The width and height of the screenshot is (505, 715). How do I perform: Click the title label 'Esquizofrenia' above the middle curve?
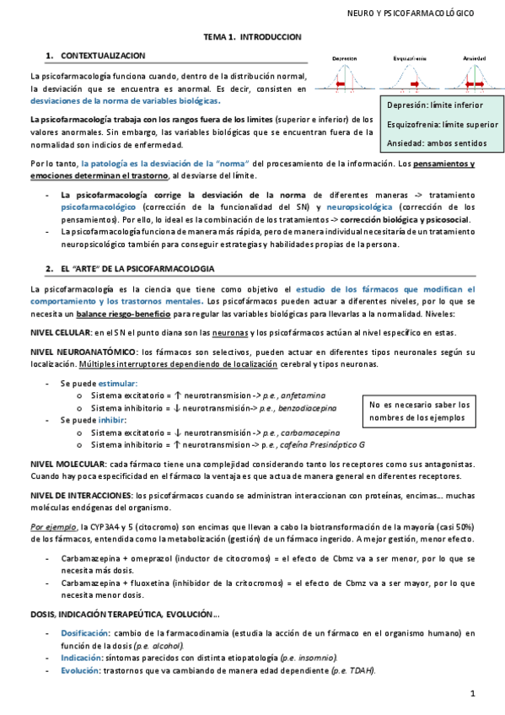(409, 58)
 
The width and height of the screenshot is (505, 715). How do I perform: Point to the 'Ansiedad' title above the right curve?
(474, 58)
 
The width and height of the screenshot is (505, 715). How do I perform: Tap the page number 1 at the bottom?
(474, 693)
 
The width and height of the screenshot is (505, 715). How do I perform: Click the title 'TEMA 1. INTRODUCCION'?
(253, 37)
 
